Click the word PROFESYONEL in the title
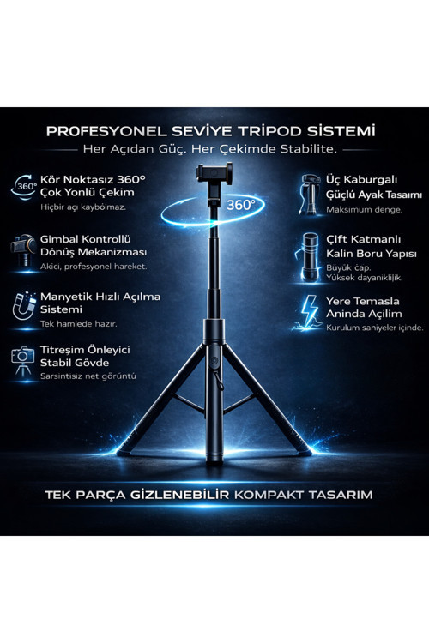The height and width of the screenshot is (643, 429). click(106, 132)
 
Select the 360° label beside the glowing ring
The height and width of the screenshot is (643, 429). click(240, 205)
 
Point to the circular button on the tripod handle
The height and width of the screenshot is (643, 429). click(213, 362)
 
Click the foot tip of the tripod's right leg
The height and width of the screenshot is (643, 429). click(305, 453)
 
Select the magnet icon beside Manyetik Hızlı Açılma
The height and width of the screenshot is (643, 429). click(24, 305)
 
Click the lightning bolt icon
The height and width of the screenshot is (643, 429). click(309, 313)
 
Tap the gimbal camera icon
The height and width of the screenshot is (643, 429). click(23, 251)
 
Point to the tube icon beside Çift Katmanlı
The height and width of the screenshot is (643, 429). click(310, 257)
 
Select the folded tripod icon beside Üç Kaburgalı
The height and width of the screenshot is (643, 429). click(310, 194)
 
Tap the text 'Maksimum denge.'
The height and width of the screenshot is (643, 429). click(364, 209)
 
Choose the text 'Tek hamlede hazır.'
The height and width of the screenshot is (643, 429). click(78, 323)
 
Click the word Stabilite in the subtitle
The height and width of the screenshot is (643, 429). click(308, 149)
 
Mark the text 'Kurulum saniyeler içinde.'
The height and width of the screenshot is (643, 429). click(374, 328)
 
